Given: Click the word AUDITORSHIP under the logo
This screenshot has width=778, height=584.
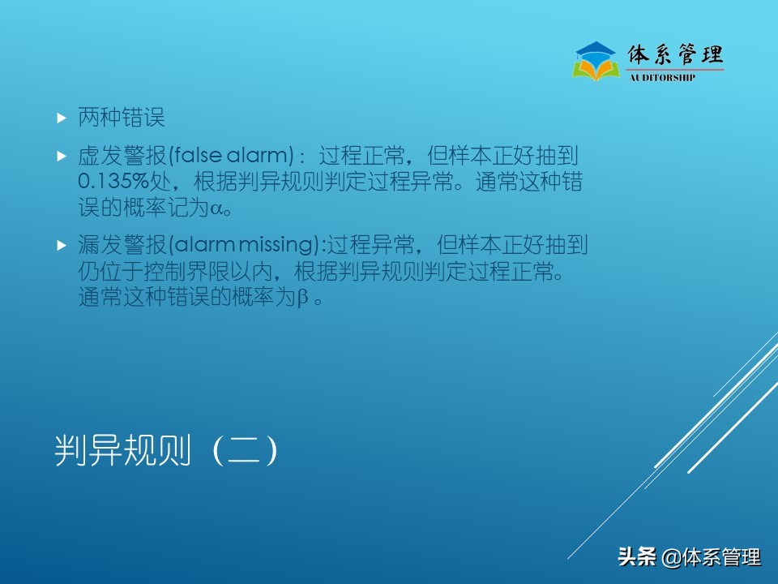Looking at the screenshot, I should click(663, 78).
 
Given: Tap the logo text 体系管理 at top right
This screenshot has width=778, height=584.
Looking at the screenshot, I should click(675, 54).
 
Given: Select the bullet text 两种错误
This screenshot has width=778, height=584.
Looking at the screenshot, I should click(122, 118).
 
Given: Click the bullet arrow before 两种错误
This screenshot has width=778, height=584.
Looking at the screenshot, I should click(61, 118).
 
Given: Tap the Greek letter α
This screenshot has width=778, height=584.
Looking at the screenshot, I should click(216, 208).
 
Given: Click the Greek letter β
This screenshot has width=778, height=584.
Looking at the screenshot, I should click(303, 298).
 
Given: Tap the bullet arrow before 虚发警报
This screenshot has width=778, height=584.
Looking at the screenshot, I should click(61, 155).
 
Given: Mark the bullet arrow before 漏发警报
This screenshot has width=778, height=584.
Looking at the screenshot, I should click(61, 244).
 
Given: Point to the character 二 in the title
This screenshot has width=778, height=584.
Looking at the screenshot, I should click(244, 451).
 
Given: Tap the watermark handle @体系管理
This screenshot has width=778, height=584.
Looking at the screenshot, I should click(711, 557).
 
